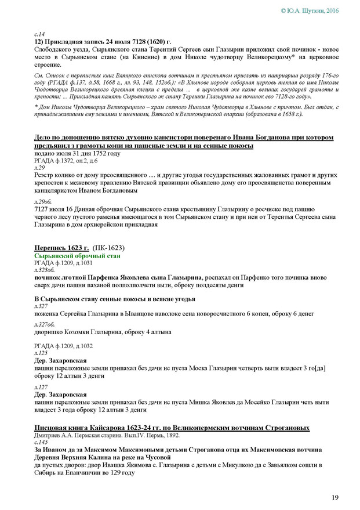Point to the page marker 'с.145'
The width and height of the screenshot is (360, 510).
(41, 442)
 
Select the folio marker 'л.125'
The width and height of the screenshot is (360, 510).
(40, 353)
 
